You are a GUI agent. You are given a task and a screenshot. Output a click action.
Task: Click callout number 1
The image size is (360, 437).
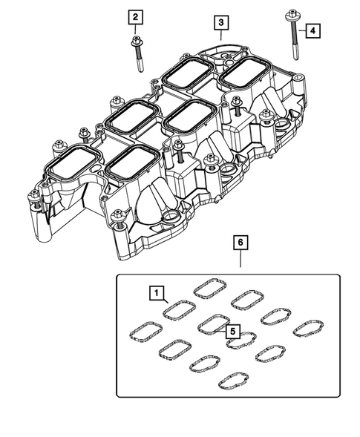(156, 294)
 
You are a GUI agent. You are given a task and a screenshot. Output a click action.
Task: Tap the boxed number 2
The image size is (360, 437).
(136, 17)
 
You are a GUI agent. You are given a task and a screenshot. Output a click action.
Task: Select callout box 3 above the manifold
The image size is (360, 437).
(221, 23)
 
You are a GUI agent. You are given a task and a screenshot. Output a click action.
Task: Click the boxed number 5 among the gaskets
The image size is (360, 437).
(233, 331)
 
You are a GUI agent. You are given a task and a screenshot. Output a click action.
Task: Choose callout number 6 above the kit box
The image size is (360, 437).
(240, 242)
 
